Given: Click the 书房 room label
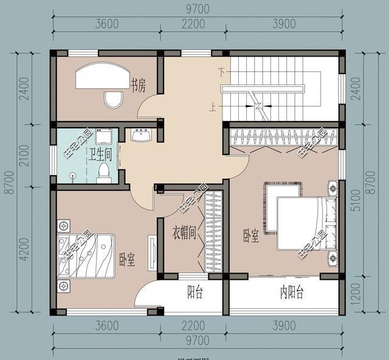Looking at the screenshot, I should (137, 85).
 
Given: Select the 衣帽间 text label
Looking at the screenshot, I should (183, 232).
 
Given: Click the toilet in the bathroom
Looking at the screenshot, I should (104, 172).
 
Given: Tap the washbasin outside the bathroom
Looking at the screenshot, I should (142, 134).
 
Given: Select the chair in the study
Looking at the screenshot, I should (114, 99).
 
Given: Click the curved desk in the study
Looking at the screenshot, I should (100, 77).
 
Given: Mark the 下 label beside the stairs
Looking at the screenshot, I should (222, 72).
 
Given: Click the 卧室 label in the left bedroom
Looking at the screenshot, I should (127, 260).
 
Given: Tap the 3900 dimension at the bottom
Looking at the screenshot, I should (283, 327).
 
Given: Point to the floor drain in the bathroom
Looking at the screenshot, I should (73, 176).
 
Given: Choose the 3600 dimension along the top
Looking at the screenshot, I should (106, 24).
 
